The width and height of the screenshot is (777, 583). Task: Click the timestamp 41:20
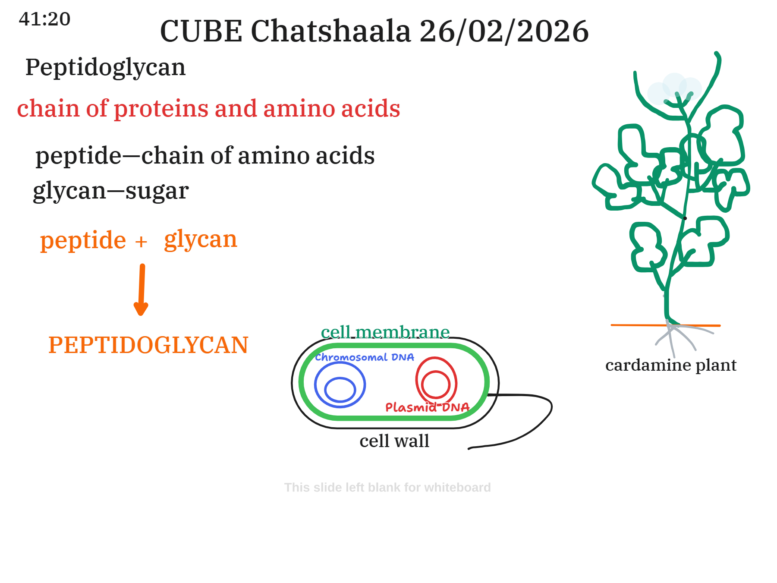(44, 19)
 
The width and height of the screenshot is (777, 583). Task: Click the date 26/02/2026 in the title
(503, 32)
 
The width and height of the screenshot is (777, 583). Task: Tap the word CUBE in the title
(201, 32)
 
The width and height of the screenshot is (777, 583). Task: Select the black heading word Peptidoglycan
(105, 67)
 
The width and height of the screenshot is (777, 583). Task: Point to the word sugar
(157, 190)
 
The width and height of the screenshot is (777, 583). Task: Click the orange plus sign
(141, 242)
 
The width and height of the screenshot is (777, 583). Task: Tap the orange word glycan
(201, 239)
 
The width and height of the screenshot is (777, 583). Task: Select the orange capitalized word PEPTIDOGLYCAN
(148, 345)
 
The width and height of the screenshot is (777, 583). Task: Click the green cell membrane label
(385, 332)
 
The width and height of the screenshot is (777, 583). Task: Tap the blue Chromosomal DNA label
(364, 357)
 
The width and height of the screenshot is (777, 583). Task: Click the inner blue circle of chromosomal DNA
(340, 389)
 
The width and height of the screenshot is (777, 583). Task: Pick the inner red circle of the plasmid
(435, 384)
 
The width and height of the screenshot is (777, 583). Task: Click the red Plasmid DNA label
(427, 407)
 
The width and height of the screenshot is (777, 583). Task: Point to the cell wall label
(394, 441)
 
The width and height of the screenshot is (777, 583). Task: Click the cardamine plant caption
(670, 365)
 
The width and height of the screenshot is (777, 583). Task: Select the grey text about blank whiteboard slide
(387, 487)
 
